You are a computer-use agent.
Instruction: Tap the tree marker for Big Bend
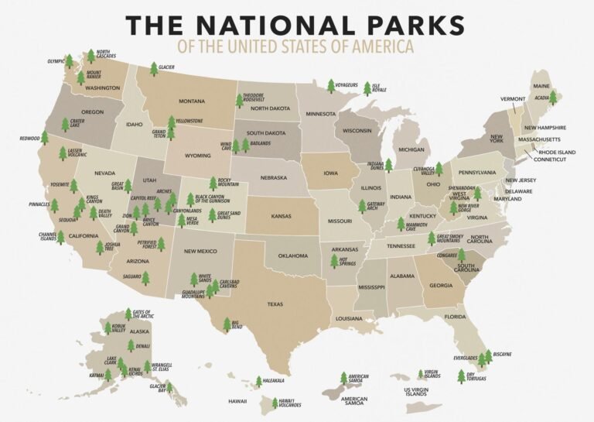pyautogui.click(x=227, y=324)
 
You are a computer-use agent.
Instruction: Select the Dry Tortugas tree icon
pyautogui.click(x=462, y=376)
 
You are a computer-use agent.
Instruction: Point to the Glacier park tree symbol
pyautogui.click(x=153, y=69)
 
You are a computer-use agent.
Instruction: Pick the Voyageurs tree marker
pyautogui.click(x=331, y=85)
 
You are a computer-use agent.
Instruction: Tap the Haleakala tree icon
pyautogui.click(x=258, y=382)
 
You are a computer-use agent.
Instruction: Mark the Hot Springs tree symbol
pyautogui.click(x=334, y=261)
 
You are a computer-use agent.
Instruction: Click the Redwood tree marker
pyautogui.click(x=44, y=138)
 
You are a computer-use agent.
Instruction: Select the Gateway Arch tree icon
pyautogui.click(x=361, y=206)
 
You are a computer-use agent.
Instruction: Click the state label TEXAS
pyautogui.click(x=275, y=304)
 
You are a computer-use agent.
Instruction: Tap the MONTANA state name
pyautogui.click(x=192, y=101)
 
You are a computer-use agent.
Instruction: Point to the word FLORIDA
pyautogui.click(x=455, y=316)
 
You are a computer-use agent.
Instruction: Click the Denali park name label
pyautogui.click(x=143, y=346)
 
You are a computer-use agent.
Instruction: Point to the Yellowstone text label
pyautogui.click(x=189, y=122)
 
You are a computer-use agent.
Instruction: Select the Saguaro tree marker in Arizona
pyautogui.click(x=145, y=277)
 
